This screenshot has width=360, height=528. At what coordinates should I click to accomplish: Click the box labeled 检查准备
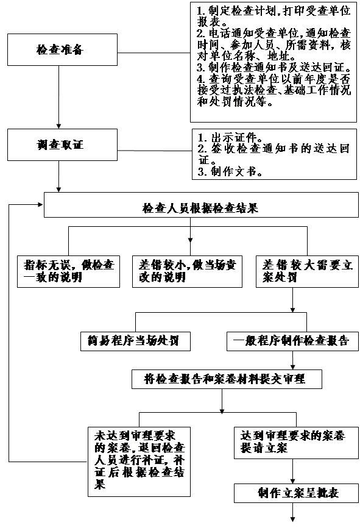pyautogui.click(x=63, y=49)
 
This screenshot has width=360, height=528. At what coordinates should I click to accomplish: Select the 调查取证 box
pyautogui.click(x=63, y=144)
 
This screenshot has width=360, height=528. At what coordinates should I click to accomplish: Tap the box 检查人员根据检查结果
pyautogui.click(x=201, y=205)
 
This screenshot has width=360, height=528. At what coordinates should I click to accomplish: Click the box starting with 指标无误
pyautogui.click(x=69, y=271)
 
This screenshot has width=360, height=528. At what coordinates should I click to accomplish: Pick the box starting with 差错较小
pyautogui.click(x=187, y=271)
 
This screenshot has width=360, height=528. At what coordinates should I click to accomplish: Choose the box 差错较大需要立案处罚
pyautogui.click(x=307, y=271)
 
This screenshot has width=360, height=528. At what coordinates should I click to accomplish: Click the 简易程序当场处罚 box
pyautogui.click(x=135, y=341)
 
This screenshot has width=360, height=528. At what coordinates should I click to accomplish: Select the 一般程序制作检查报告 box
pyautogui.click(x=292, y=341)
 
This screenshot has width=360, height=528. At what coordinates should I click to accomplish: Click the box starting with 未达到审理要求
pyautogui.click(x=139, y=462)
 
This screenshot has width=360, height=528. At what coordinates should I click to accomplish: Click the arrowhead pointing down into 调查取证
pyautogui.click(x=59, y=126)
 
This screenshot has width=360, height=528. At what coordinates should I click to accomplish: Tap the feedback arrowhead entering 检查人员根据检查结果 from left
pyautogui.click(x=41, y=204)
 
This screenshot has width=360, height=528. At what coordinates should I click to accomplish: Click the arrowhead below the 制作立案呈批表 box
pyautogui.click(x=293, y=519)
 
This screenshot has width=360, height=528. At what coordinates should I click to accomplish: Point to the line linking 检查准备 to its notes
pyautogui.click(x=154, y=53)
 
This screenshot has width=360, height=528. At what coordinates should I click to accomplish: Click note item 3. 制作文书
pyautogui.click(x=230, y=172)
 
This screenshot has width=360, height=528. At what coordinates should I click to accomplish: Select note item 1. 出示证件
pyautogui.click(x=230, y=137)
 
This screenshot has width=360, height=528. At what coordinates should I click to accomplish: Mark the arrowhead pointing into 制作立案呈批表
pyautogui.click(x=293, y=481)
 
